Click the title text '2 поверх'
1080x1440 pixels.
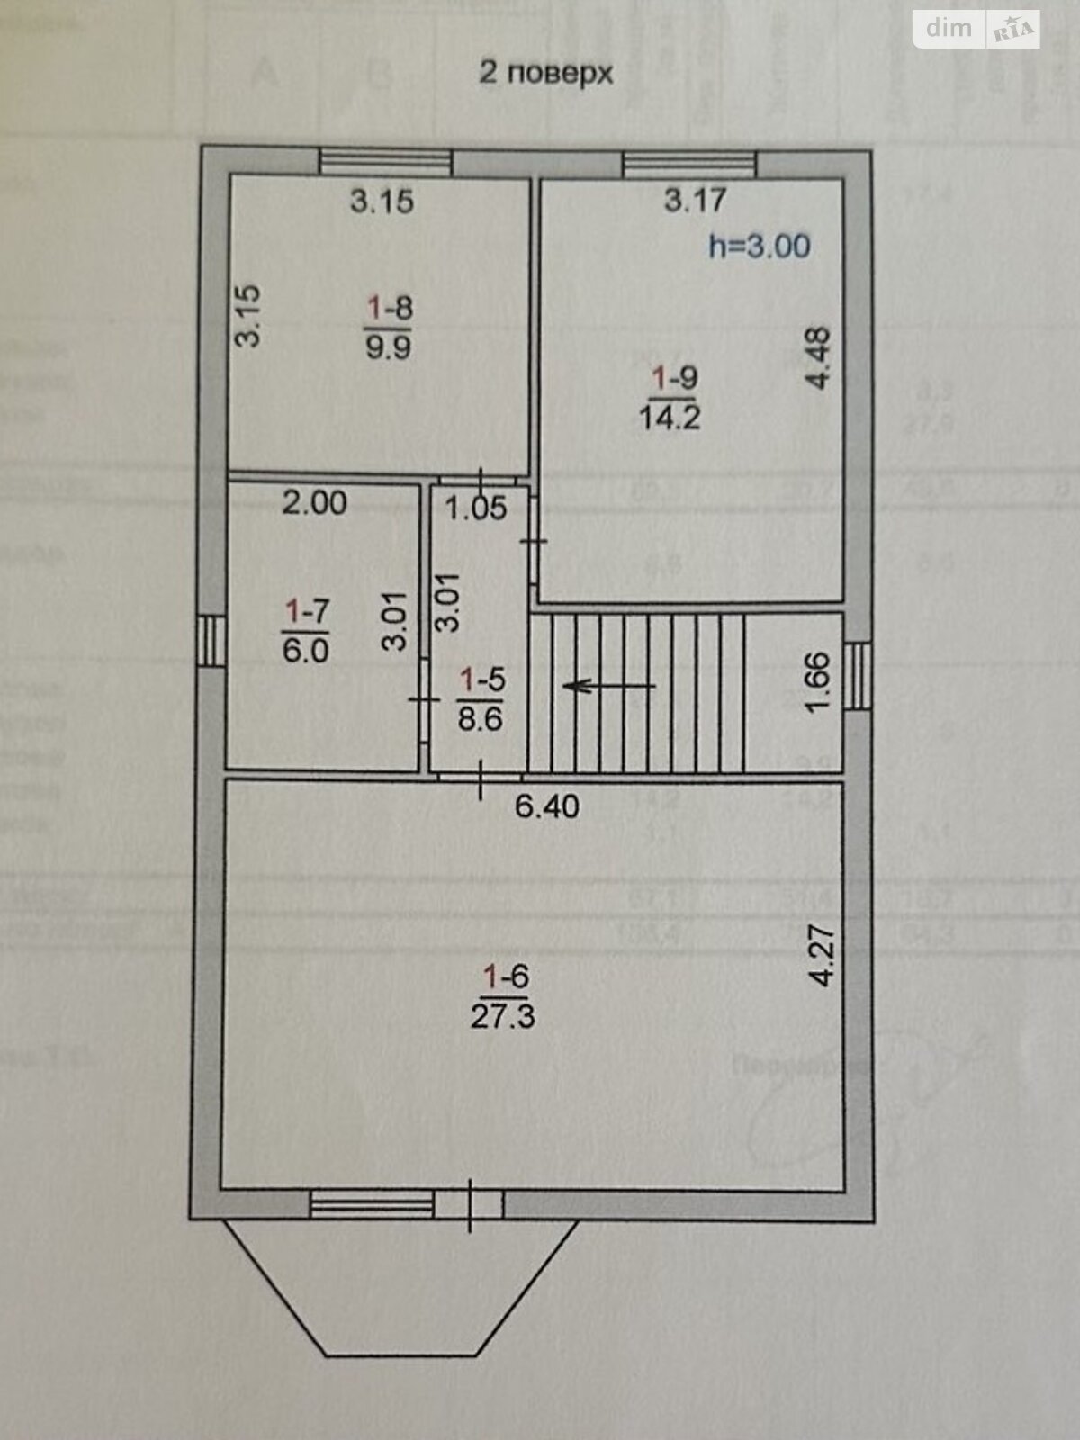coord(545,72)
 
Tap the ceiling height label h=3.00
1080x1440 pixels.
coord(759,246)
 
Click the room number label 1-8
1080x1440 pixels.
coord(389,309)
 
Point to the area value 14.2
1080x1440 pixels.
coord(670,418)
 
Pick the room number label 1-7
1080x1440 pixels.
coord(307,612)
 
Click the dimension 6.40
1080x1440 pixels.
coord(546,805)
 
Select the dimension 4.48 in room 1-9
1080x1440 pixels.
coord(818,357)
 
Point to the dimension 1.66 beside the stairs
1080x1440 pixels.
coord(816,683)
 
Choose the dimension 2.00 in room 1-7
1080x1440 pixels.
coord(314,502)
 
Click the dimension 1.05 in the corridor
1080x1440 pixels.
coord(476,508)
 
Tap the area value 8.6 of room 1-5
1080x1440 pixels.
coord(480,719)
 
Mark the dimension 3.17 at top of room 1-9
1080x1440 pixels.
coord(695,199)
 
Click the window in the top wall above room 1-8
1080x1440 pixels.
coord(386,162)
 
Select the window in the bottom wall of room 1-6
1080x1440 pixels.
coord(372,1203)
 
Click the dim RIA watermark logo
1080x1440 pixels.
coord(977,30)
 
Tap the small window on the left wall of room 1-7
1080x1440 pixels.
coord(211,640)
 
